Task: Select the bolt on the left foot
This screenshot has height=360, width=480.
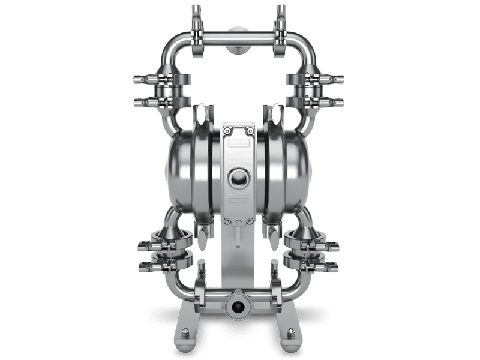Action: pos(185,332)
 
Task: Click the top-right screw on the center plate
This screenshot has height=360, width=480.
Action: pos(250,131)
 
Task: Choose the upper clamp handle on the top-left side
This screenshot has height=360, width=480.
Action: pos(144,79)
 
